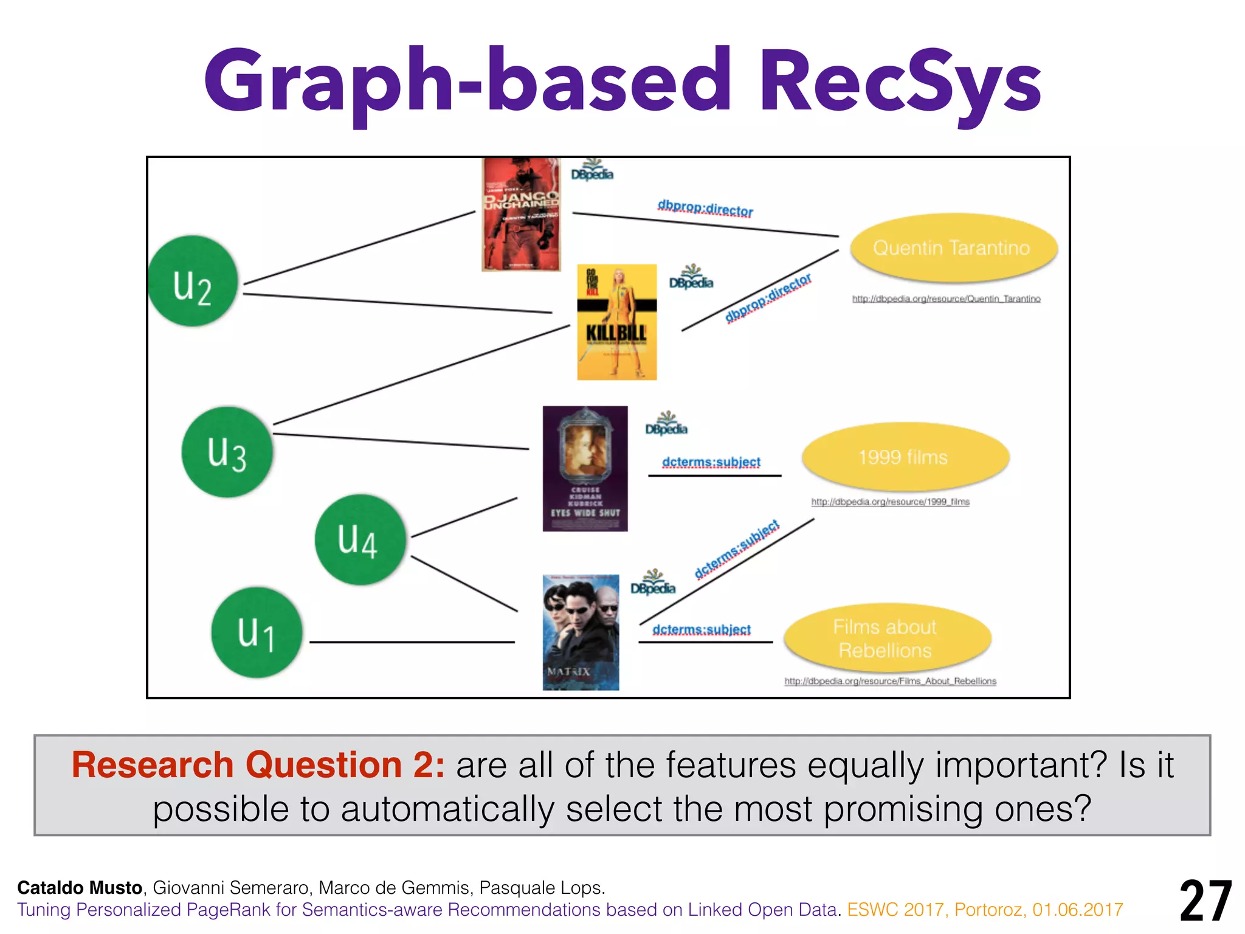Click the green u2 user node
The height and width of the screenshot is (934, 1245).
tap(193, 281)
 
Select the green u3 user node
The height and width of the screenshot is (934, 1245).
tap(227, 452)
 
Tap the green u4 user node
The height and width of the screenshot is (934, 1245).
tap(360, 539)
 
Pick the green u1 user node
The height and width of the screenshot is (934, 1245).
tap(257, 632)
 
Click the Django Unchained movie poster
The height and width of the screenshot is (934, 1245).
tap(521, 214)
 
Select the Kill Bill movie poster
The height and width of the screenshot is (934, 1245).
tap(616, 322)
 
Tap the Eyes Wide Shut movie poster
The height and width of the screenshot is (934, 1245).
tap(585, 468)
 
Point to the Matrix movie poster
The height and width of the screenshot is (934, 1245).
tap(581, 632)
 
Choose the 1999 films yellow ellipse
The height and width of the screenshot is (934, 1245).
tap(905, 457)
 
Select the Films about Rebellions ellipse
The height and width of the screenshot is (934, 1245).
tap(887, 638)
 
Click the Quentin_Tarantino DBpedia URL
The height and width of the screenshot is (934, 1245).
tap(946, 299)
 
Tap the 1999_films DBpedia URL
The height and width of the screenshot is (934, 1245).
tap(890, 502)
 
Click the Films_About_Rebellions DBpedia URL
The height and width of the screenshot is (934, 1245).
tap(890, 681)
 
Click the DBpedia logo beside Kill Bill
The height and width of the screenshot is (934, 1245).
tap(691, 278)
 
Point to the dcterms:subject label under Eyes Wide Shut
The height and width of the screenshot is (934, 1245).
tap(711, 462)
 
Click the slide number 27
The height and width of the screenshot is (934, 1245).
tap(1205, 901)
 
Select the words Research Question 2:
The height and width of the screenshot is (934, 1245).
tap(258, 765)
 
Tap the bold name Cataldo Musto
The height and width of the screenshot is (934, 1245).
tap(80, 888)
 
